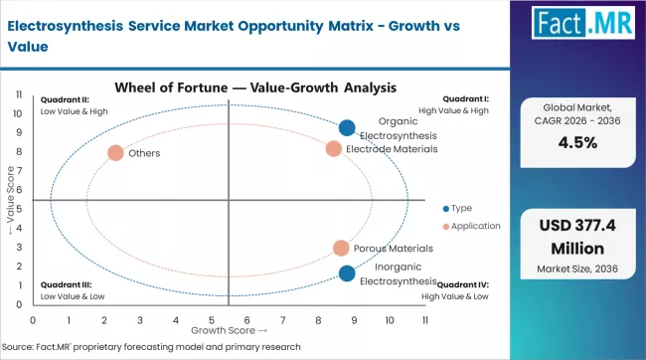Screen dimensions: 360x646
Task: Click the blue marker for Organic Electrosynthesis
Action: (x=347, y=127)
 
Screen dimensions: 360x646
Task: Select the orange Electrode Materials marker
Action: (x=334, y=149)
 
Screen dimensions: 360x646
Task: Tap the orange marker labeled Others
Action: (x=115, y=153)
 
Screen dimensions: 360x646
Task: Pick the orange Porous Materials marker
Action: (x=341, y=248)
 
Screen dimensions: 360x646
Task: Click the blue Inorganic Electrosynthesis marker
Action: (x=347, y=273)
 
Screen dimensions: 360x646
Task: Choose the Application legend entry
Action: (x=471, y=226)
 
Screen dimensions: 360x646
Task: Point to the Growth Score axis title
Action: (x=229, y=329)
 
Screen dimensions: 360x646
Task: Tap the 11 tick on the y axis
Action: (x=19, y=93)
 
